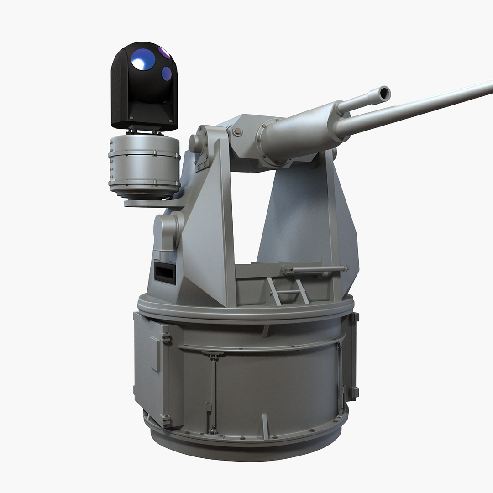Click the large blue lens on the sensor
tap(143, 59)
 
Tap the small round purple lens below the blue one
tap(167, 73)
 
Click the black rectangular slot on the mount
tap(165, 273)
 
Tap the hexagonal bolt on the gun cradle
tap(237, 131)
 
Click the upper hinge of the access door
tap(166, 338)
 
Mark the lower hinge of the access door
tap(166, 420)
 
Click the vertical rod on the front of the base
tap(213, 393)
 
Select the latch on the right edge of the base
tap(353, 392)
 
